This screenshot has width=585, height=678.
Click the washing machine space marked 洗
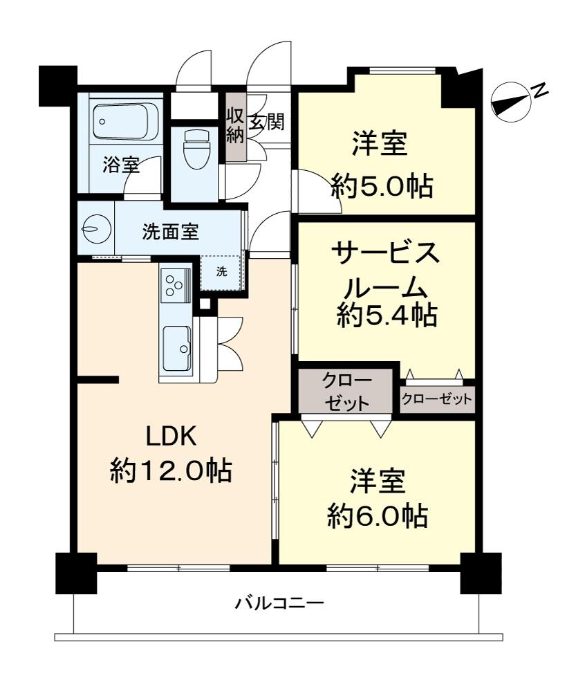pos(221,271)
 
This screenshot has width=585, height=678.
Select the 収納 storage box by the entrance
pos(235,125)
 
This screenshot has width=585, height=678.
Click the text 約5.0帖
pos(382,185)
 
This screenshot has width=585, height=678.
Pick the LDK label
pos(171,436)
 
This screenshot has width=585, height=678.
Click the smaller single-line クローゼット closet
pos(437,399)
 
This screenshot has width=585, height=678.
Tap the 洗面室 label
pos(170,232)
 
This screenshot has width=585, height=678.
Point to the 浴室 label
pos(122,165)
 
